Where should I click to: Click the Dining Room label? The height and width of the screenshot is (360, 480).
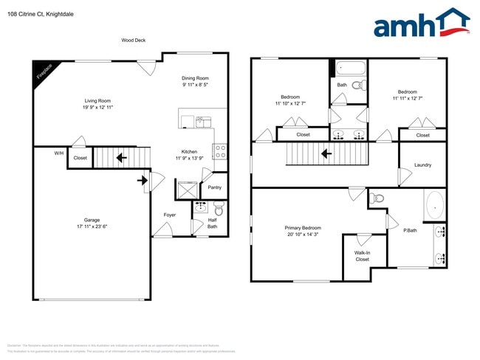click(195, 78)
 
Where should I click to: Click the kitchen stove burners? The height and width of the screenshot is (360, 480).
click(220, 151)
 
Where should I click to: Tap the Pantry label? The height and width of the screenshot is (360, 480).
click(214, 187)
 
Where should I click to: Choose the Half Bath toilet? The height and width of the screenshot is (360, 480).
click(219, 209)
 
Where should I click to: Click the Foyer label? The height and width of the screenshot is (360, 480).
click(170, 215)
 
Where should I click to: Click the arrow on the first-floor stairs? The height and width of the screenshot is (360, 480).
click(121, 157)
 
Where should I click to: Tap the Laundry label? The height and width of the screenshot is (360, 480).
click(422, 165)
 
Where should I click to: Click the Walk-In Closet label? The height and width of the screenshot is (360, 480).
click(362, 256)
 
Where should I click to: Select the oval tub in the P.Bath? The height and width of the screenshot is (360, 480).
click(435, 206)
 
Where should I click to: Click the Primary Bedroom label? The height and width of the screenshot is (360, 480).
click(303, 228)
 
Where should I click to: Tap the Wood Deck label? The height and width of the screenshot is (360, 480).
click(134, 41)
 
